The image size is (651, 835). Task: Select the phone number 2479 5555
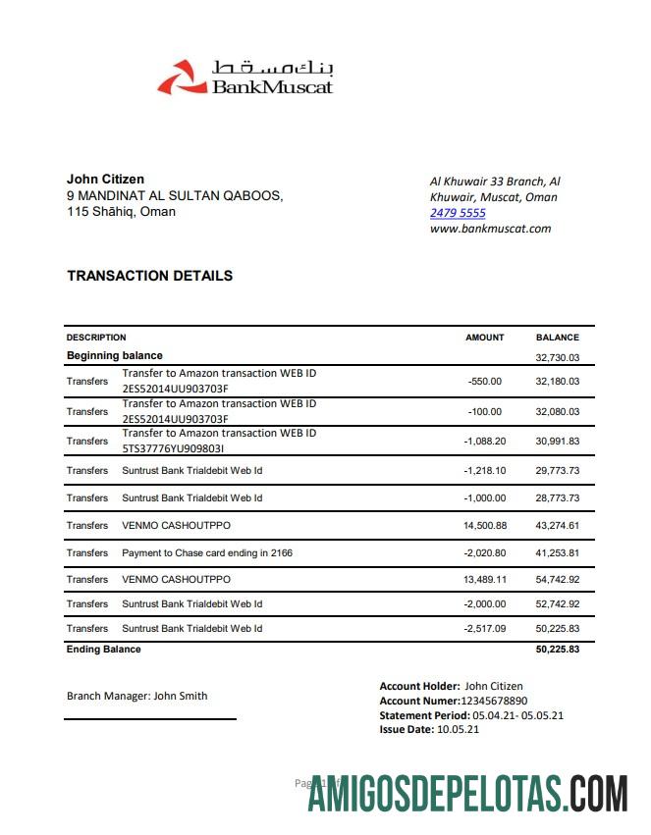click(x=458, y=213)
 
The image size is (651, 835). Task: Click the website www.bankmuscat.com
click(x=490, y=229)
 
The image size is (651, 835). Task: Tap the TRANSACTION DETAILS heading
click(x=149, y=276)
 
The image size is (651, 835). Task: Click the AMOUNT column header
click(x=484, y=338)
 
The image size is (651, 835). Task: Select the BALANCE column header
click(x=557, y=338)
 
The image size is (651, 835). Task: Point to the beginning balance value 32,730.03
click(x=557, y=358)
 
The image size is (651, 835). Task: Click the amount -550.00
click(x=485, y=382)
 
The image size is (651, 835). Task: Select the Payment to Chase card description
click(x=207, y=553)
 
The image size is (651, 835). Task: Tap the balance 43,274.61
click(x=557, y=526)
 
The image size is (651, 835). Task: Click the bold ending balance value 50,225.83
click(x=557, y=650)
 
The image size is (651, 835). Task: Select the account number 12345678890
click(x=494, y=702)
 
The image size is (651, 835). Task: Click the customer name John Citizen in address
click(x=105, y=179)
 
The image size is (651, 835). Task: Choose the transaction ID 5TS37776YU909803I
click(x=174, y=448)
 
